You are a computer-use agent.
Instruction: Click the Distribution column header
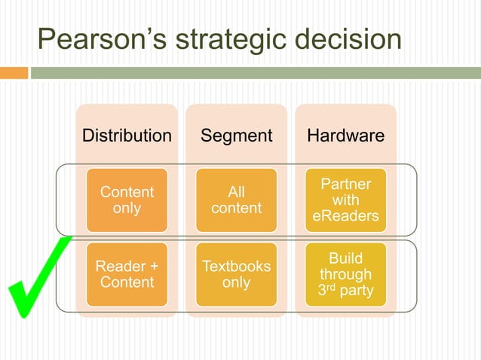pyautogui.click(x=127, y=136)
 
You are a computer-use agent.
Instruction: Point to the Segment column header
pyautogui.click(x=236, y=136)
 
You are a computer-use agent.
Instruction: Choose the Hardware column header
pyautogui.click(x=345, y=136)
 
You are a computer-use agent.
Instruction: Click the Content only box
pyautogui.click(x=127, y=200)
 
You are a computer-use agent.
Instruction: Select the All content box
pyautogui.click(x=236, y=200)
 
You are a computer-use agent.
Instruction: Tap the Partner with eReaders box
pyautogui.click(x=345, y=200)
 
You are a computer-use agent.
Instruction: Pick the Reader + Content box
pyautogui.click(x=127, y=274)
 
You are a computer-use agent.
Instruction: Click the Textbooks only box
pyautogui.click(x=236, y=274)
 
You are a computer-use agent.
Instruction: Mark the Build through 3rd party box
pyautogui.click(x=345, y=274)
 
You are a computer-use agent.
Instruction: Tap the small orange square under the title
pyautogui.click(x=14, y=73)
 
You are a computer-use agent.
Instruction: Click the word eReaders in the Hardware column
pyautogui.click(x=345, y=217)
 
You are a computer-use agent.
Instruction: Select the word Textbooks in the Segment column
pyautogui.click(x=236, y=267)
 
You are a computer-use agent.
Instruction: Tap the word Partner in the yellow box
pyautogui.click(x=345, y=185)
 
